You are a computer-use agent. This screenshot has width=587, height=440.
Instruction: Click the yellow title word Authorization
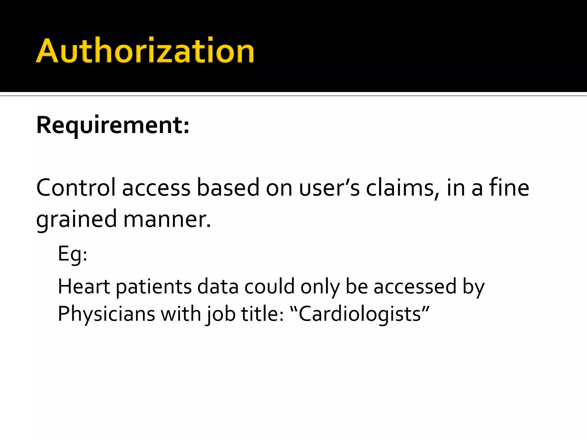pyautogui.click(x=145, y=51)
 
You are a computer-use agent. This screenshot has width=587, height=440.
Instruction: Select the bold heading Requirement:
pyautogui.click(x=113, y=125)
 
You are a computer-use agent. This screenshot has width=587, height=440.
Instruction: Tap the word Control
pyautogui.click(x=76, y=188)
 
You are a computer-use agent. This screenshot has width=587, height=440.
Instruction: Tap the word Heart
pyautogui.click(x=84, y=286)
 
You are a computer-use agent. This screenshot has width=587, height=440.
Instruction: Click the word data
pyautogui.click(x=218, y=286)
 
